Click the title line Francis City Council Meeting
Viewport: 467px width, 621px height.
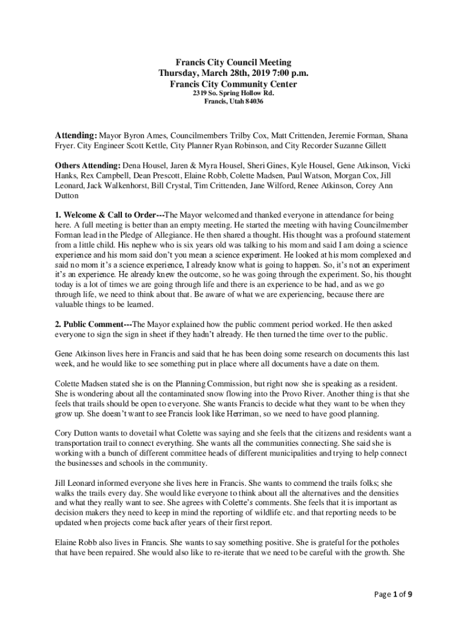click(233, 62)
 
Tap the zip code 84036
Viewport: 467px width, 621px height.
click(253, 102)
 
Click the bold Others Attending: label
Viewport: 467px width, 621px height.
click(88, 165)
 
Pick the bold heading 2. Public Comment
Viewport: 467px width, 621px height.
click(91, 324)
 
